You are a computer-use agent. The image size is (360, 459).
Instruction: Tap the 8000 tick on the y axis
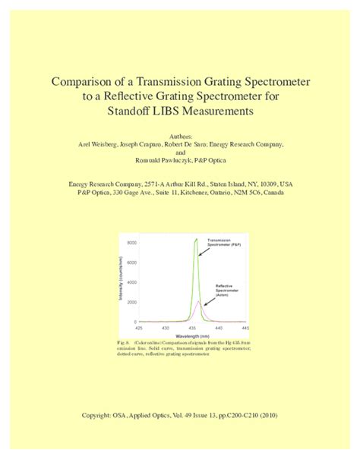(x=131, y=243)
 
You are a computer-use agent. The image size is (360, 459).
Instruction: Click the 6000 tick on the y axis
(x=131, y=263)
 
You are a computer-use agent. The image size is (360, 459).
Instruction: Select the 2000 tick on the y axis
(x=131, y=302)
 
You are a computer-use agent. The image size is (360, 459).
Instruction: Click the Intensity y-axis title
(x=121, y=278)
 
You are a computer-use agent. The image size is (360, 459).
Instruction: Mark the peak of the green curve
(x=196, y=240)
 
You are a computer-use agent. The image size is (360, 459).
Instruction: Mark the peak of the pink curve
(x=199, y=300)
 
